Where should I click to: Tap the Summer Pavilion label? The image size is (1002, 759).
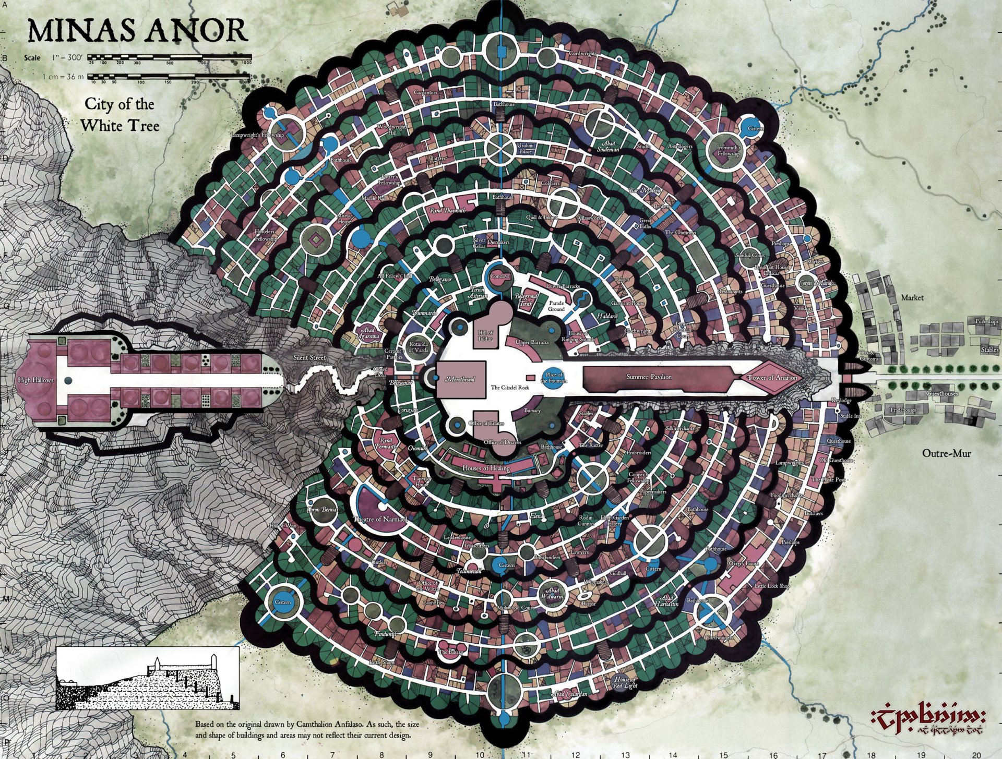[x=649, y=377]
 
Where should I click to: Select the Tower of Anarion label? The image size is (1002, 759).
[x=772, y=377]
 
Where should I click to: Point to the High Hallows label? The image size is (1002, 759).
[x=35, y=380]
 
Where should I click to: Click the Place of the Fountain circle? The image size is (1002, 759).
[x=554, y=377]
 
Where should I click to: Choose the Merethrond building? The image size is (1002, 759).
[x=460, y=379]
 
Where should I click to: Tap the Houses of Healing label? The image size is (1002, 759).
[x=486, y=468]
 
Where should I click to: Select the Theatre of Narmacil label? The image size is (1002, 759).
[x=379, y=519]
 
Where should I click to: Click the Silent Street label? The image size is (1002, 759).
[x=309, y=358]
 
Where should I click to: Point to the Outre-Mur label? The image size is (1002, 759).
[x=946, y=453]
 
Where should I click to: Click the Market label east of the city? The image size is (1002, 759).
[x=912, y=297]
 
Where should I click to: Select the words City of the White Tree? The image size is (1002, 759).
[x=120, y=115]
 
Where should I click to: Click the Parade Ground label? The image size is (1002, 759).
[x=556, y=306]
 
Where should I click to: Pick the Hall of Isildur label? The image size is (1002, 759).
[x=485, y=335]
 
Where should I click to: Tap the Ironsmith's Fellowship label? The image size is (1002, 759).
[x=728, y=151]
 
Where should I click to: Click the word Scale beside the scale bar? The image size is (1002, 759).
[x=32, y=57]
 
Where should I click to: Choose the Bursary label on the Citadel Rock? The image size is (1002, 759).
[x=532, y=411]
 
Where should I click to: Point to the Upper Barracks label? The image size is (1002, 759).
[x=532, y=343]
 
